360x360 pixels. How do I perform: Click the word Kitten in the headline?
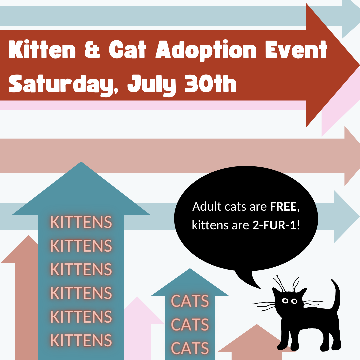coord(42,50)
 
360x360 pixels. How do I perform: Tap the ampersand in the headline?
coord(92,50)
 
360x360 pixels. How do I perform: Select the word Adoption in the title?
coord(206,50)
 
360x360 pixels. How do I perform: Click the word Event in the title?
coord(296,50)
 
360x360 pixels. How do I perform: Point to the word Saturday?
coord(63,84)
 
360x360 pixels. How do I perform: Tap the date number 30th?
coord(211,84)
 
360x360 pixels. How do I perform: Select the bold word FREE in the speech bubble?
coord(283,206)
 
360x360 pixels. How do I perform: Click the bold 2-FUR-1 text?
coord(274,225)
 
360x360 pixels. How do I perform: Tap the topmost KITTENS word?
coord(81,222)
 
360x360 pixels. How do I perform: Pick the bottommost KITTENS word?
coord(81,340)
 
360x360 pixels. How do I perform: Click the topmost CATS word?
coord(190,301)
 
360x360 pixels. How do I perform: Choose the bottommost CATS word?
coord(190,348)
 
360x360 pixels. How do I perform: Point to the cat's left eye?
coord(285,301)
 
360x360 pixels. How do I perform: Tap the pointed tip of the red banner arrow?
coord(359,65)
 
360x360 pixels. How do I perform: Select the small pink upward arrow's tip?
coord(137,297)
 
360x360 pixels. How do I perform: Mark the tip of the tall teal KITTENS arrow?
coord(81,162)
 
